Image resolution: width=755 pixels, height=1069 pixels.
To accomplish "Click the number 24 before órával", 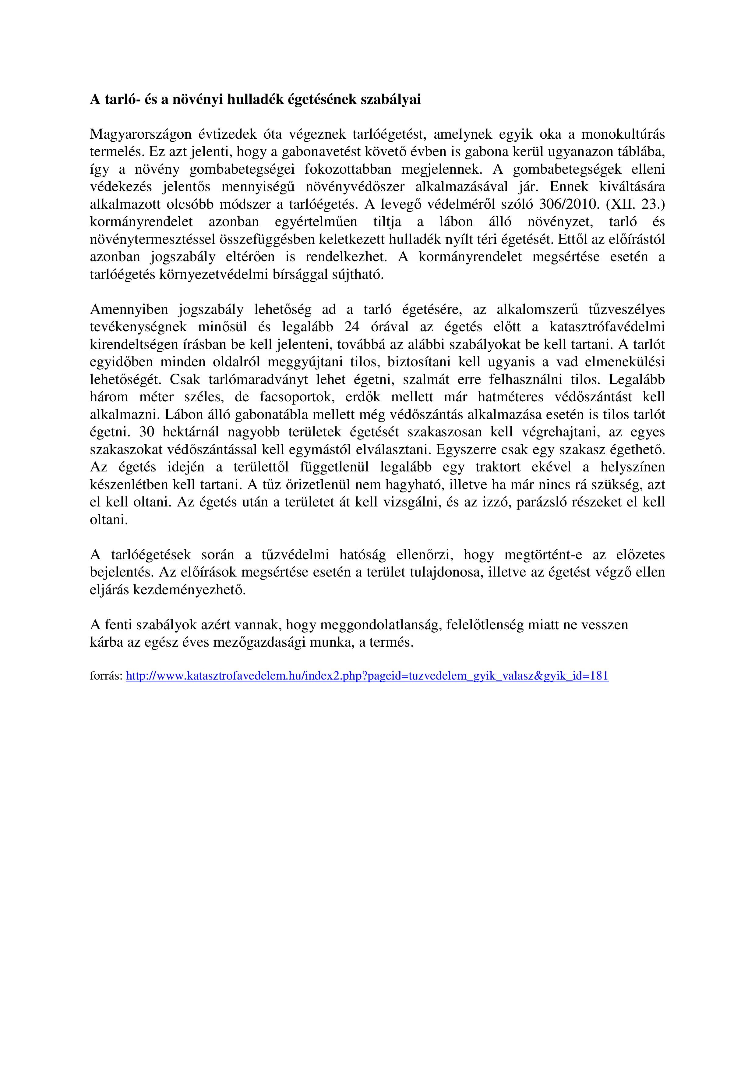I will (352, 327).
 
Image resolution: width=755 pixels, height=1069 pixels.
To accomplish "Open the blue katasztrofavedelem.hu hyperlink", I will (367, 676).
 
